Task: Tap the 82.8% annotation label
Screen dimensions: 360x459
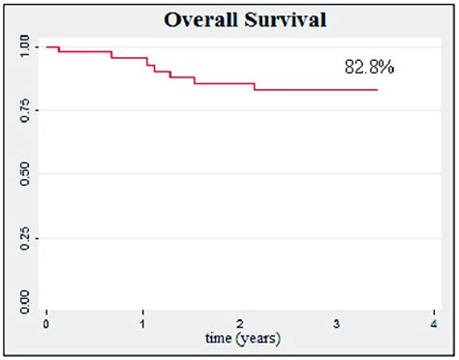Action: (369, 67)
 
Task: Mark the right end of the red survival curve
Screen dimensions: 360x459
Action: (377, 89)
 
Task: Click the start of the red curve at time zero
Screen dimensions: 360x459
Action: (46, 46)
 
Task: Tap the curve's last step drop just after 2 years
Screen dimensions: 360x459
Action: (255, 86)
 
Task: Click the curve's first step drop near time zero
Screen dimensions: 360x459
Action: (59, 48)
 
